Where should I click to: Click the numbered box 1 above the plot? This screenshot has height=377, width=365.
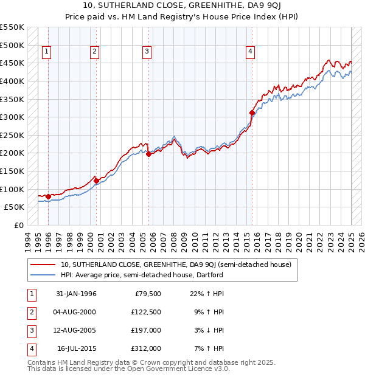pos(47,52)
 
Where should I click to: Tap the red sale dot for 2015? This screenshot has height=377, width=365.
pos(252,112)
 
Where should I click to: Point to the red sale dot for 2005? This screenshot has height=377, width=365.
pos(148,154)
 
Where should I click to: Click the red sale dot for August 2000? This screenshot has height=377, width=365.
pos(96,181)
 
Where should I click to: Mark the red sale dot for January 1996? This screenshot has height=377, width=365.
pos(48,196)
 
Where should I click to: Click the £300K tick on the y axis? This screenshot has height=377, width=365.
pos(12,117)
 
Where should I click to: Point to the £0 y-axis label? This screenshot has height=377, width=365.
pos(19,225)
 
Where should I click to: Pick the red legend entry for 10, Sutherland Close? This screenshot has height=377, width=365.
pos(176,265)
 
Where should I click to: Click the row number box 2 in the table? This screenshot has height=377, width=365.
pos(30,312)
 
